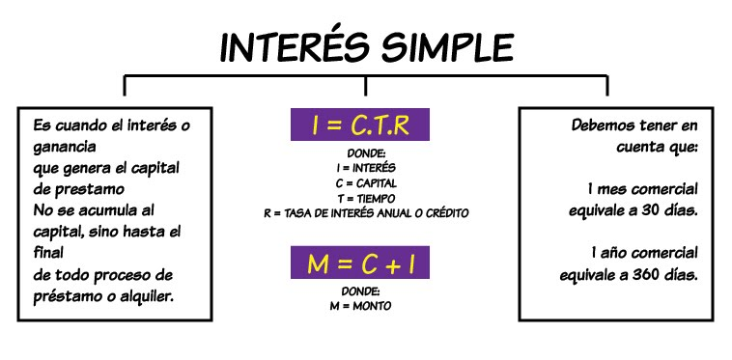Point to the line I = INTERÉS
(x=365, y=168)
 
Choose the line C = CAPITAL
(x=365, y=182)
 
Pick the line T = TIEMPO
(x=365, y=197)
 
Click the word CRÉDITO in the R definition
(x=443, y=212)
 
